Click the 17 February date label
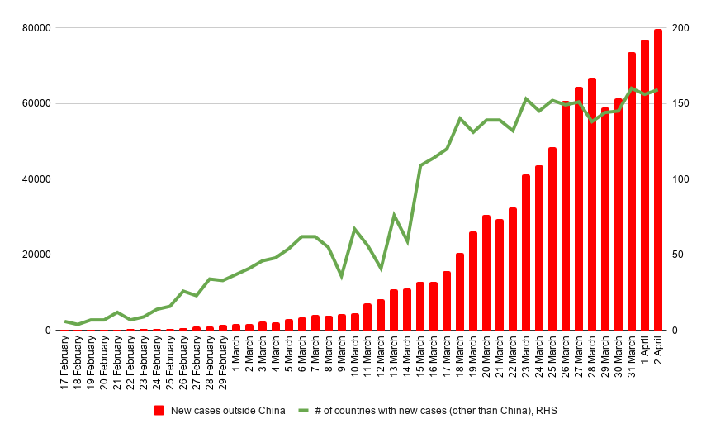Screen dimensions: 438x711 tap(66, 363)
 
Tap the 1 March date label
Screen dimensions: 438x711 tap(237, 351)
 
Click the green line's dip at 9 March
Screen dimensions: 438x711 tap(341, 276)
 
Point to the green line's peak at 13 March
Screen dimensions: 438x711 tap(394, 215)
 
